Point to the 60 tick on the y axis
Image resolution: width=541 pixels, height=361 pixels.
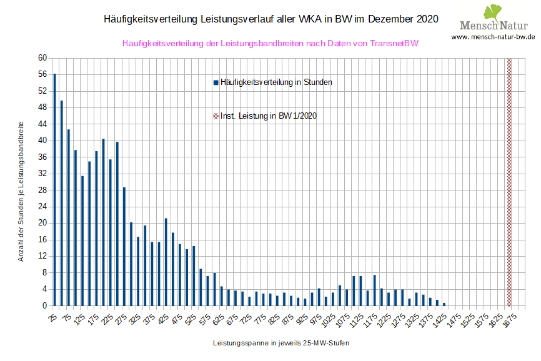(x=42, y=58)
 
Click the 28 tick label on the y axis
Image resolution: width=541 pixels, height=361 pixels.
(x=42, y=190)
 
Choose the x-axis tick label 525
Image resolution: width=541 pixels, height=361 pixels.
(x=190, y=319)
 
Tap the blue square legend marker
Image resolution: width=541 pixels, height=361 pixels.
(x=216, y=82)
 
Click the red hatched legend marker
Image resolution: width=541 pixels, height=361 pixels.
(x=216, y=116)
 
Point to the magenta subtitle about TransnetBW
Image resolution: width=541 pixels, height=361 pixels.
(x=270, y=44)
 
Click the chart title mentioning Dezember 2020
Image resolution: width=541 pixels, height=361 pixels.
(x=270, y=19)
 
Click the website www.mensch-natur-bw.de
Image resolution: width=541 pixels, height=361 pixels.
(x=493, y=37)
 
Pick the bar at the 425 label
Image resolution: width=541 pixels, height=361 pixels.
(x=166, y=262)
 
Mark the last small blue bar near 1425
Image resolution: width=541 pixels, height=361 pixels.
(x=444, y=304)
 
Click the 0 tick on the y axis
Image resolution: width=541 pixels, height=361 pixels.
(x=44, y=306)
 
